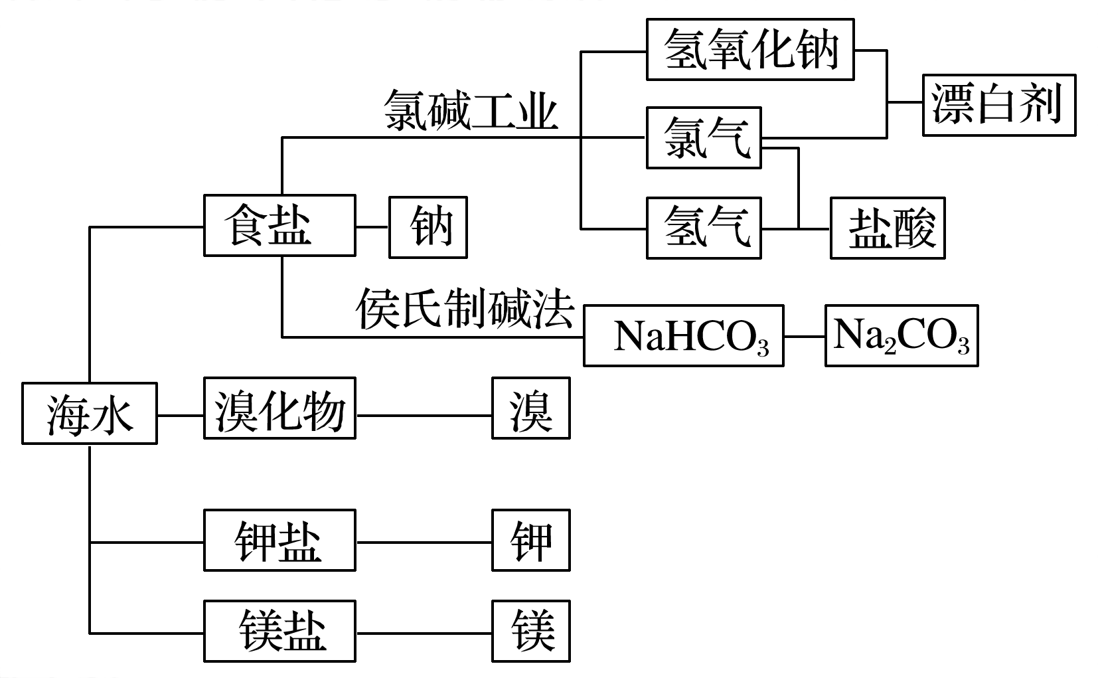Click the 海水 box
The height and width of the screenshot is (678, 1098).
pos(90,413)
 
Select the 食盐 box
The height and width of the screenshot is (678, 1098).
pos(279,226)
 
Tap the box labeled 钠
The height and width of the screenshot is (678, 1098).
pos(428,226)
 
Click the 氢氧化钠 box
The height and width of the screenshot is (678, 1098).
pos(750,50)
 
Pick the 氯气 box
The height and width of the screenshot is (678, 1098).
pos(704,137)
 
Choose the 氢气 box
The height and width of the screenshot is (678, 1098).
pos(704,228)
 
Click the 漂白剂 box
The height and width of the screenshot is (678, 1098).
pos(998,105)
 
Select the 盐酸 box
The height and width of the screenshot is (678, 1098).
pos(888,228)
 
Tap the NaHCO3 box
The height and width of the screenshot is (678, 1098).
pos(684,335)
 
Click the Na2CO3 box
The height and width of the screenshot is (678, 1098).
pos(902,335)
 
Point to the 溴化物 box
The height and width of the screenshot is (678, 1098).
pos(279,408)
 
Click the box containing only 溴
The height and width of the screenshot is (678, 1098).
pos(530,408)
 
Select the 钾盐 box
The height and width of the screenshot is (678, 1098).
pos(279,540)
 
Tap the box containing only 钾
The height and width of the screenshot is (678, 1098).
pos(530,540)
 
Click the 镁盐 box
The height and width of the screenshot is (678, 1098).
pos(279,631)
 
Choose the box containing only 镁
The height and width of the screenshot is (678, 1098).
pos(530,631)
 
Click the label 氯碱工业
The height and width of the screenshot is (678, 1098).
pos(470,110)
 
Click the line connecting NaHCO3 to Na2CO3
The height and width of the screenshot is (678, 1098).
pos(805,337)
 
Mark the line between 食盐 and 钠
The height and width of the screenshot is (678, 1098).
pos(372,226)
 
